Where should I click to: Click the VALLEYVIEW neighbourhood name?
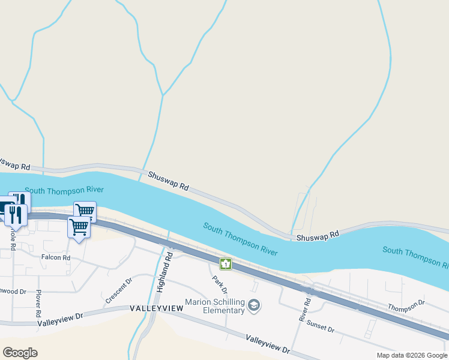pyautogui.click(x=156, y=308)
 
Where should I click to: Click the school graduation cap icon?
pyautogui.click(x=254, y=306)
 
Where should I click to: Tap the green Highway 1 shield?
pyautogui.click(x=225, y=263)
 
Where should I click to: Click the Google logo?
pyautogui.click(x=20, y=353)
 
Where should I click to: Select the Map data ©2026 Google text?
pyautogui.click(x=411, y=355)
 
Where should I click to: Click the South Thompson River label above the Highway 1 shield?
pyautogui.click(x=240, y=239)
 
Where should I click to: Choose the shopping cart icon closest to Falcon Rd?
pyautogui.click(x=79, y=227)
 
